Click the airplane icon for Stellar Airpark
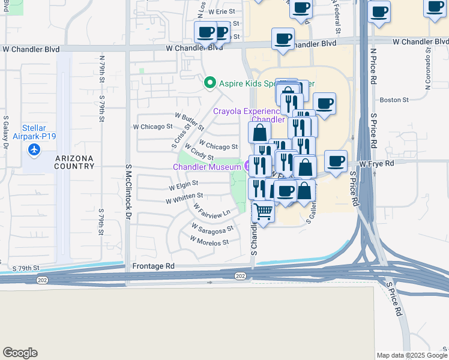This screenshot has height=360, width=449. (35, 148)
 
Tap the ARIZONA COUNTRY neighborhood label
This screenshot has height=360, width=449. (74, 162)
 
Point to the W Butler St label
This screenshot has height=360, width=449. (189, 121)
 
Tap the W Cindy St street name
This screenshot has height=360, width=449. (199, 152)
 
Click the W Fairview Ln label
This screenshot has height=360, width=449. (211, 209)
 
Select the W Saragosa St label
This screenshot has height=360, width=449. (212, 229)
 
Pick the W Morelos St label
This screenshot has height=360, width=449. (209, 242)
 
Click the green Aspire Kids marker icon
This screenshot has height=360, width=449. (209, 83)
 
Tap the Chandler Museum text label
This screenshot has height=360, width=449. (208, 166)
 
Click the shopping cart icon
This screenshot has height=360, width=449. (263, 211)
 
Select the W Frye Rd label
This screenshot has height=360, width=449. (377, 163)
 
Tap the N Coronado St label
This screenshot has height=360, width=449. (428, 70)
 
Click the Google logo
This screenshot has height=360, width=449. (20, 353)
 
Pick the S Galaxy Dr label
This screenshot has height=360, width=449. (5, 132)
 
